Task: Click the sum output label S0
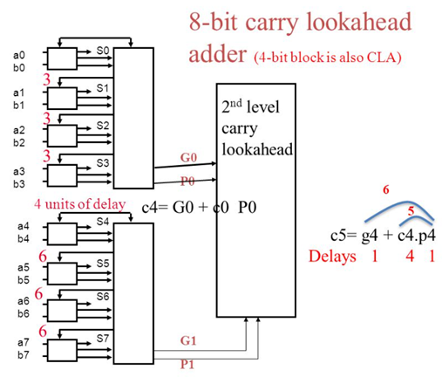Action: [102, 51]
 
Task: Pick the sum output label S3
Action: [102, 161]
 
